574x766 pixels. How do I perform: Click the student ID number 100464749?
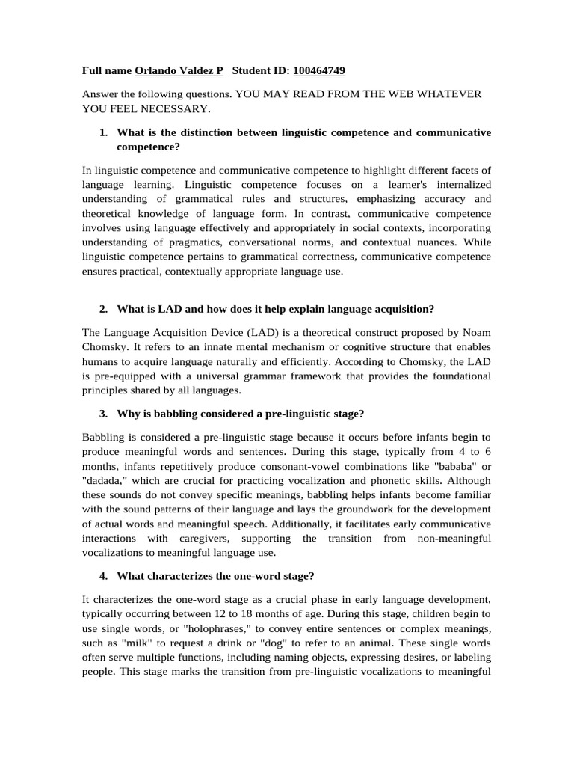coord(319,71)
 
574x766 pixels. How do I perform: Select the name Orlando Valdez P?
coord(179,71)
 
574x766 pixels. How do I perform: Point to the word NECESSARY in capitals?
coord(166,108)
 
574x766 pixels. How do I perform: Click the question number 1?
coord(103,132)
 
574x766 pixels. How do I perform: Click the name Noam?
coord(476,331)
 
